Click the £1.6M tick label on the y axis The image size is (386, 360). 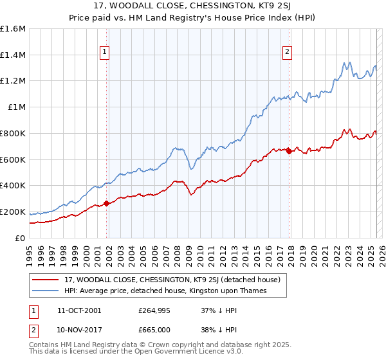[x=13, y=29]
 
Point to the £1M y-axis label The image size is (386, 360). [x=17, y=107]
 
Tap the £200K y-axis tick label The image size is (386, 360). [x=13, y=212]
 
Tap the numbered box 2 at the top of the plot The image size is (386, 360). [x=287, y=53]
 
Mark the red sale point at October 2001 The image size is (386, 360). [x=106, y=204]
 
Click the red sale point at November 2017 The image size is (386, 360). [x=289, y=152]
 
